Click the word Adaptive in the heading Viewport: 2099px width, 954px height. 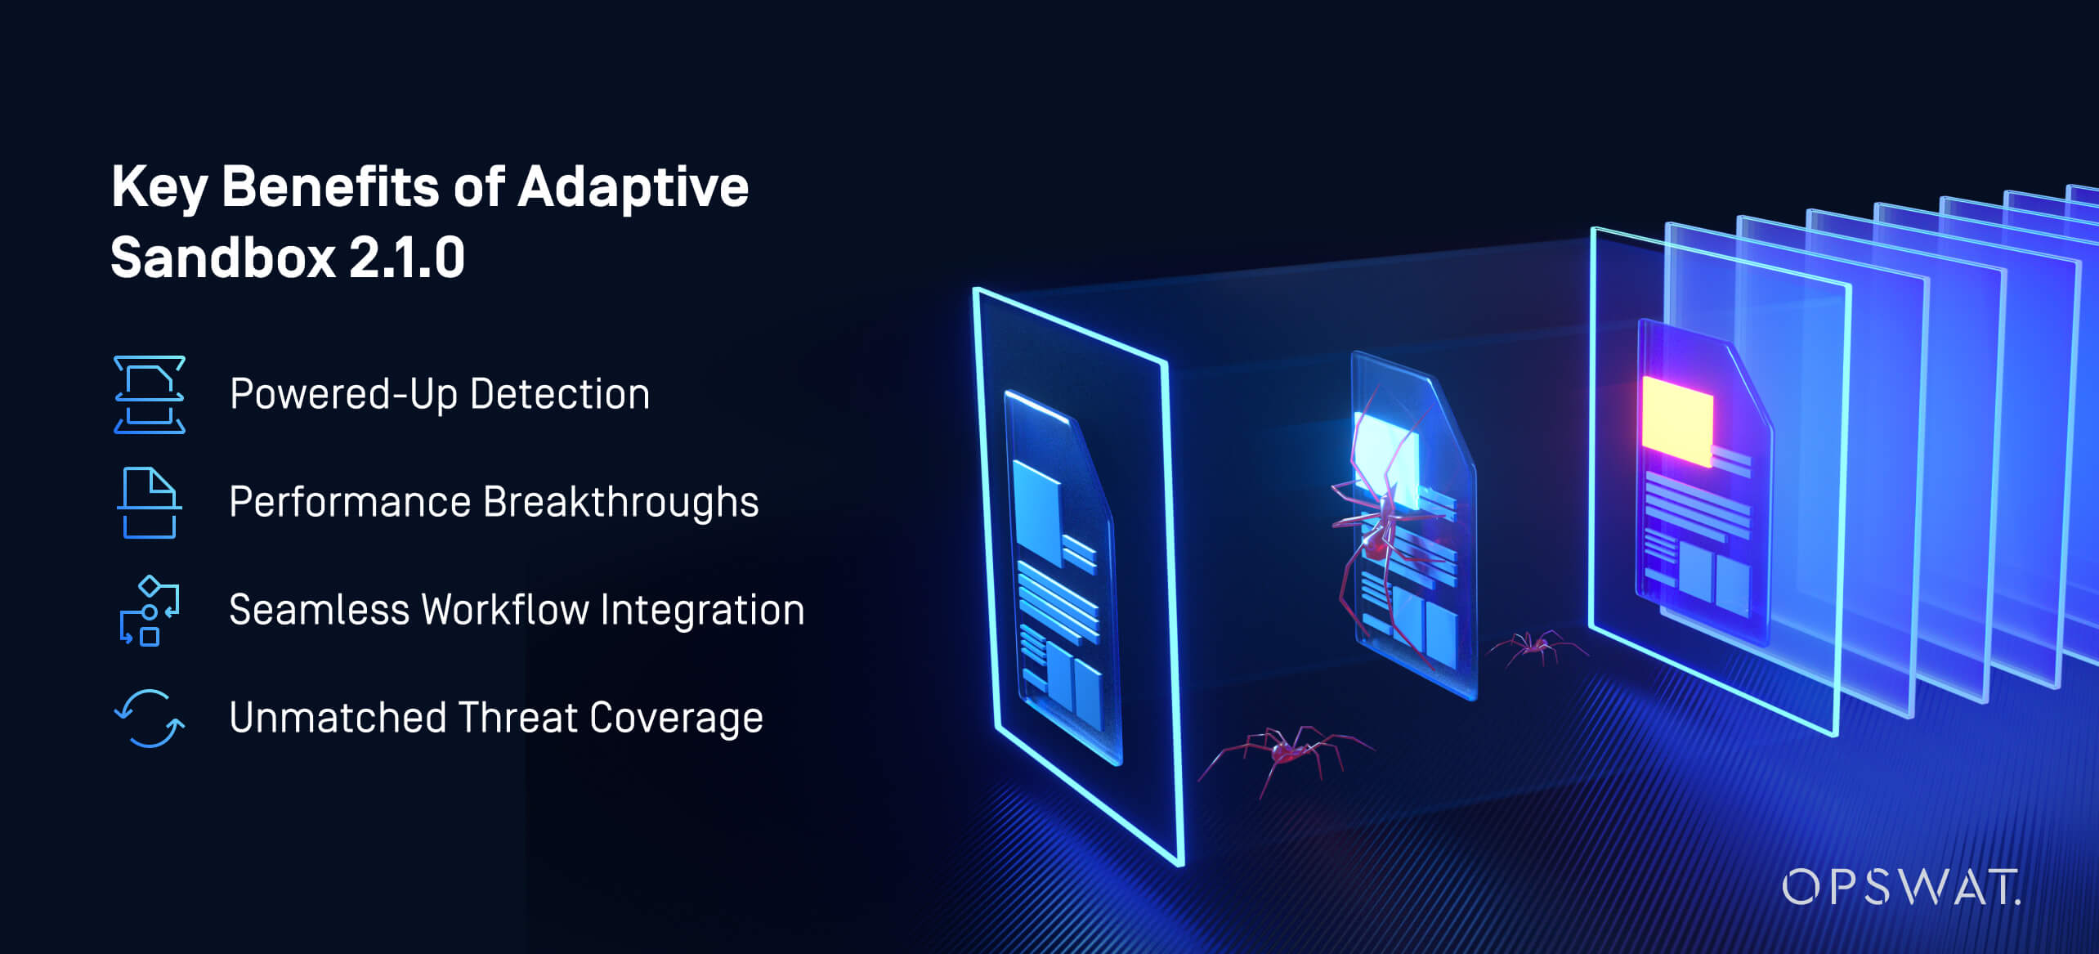point(633,187)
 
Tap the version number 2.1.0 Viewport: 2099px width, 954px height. point(407,258)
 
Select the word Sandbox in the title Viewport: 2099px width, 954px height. point(223,258)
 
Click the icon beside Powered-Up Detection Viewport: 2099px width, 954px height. point(150,394)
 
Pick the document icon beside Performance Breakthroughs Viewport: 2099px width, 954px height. point(150,503)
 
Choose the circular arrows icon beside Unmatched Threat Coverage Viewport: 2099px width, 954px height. point(150,719)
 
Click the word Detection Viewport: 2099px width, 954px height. point(560,394)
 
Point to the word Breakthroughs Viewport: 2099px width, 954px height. point(621,502)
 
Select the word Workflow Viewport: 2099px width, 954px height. point(504,610)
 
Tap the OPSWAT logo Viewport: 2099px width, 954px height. point(1901,887)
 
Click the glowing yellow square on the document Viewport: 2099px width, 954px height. point(1677,420)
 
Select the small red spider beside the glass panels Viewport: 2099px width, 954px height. point(1537,647)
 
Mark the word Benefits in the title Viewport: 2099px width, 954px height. point(331,186)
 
